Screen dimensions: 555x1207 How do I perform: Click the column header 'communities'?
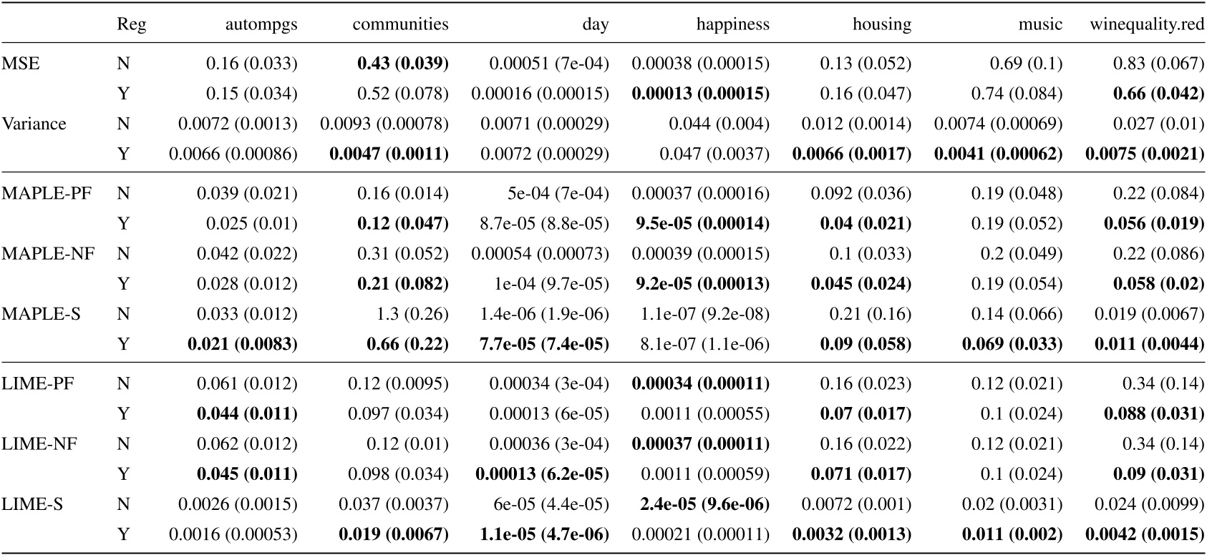click(400, 25)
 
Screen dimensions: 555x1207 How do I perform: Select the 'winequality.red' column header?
click(1148, 25)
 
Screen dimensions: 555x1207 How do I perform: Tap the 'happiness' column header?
click(732, 25)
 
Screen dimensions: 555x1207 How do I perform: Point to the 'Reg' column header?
click(131, 25)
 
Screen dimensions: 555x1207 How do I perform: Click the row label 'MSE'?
click(21, 64)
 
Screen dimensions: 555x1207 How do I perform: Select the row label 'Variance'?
click(34, 124)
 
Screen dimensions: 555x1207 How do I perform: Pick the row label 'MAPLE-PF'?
click(47, 193)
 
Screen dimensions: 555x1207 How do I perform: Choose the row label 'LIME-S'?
click(32, 504)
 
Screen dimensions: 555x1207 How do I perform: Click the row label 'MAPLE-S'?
click(42, 313)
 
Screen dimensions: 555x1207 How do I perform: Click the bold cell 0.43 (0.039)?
click(402, 64)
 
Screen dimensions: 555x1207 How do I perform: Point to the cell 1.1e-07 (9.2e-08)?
click(700, 313)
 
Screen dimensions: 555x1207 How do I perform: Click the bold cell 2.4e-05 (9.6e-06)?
click(699, 504)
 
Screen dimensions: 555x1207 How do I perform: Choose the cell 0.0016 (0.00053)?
click(233, 534)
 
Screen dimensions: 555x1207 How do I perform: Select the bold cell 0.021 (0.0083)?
click(242, 344)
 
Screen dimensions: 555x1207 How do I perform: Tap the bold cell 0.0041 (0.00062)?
click(998, 154)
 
